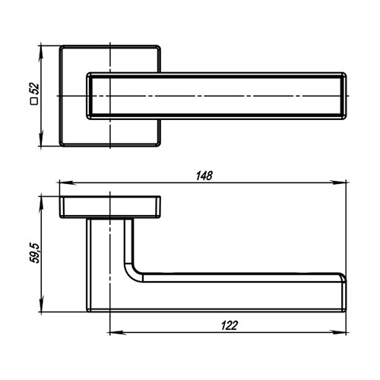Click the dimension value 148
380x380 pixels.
coord(204,176)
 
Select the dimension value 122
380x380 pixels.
coord(230,325)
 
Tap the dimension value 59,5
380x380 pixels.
coord(35,253)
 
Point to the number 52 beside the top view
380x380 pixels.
coord(34,89)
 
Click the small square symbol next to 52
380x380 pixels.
coord(34,101)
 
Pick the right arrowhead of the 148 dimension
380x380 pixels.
coord(338,182)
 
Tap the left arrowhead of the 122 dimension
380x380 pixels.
coord(118,333)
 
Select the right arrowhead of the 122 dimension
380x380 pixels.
coord(338,332)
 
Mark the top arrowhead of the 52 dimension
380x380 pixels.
coord(41,54)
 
